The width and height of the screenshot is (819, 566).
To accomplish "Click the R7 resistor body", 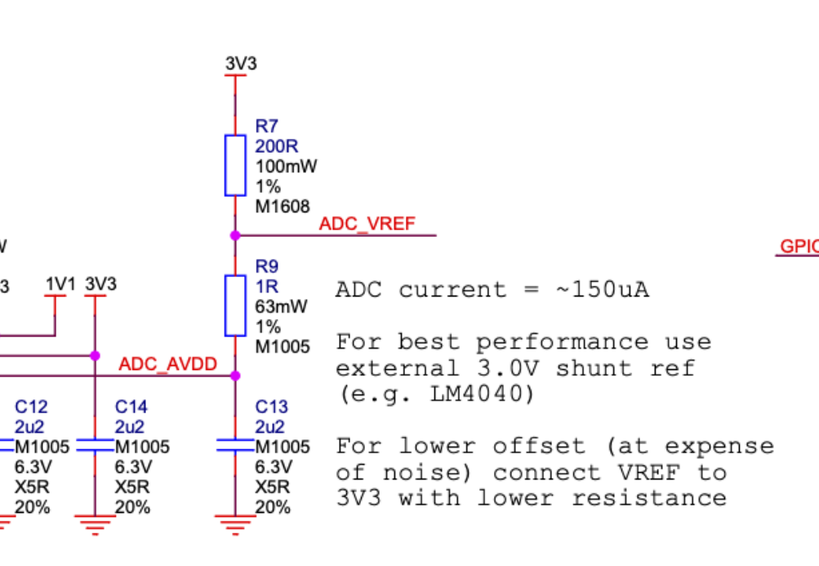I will point(235,166).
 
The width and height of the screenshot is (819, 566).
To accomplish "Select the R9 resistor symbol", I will point(235,305).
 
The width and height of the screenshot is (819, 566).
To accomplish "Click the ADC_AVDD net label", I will point(168,364).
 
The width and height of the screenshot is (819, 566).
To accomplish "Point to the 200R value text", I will point(277,146).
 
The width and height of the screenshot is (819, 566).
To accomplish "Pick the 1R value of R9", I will point(267,287).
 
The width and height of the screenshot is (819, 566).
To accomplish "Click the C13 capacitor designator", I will point(271,407).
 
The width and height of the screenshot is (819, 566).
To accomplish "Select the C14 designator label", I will point(131,407).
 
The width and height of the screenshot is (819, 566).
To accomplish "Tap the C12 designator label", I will point(31,407).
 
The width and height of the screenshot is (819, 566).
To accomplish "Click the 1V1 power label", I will point(60,284).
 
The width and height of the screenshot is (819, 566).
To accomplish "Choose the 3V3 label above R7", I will point(241,63).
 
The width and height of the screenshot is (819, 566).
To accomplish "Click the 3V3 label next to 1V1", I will point(100,284).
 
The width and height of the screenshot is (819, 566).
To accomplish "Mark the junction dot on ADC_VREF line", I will point(235,235).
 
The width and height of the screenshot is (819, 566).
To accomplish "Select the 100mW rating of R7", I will point(286,166).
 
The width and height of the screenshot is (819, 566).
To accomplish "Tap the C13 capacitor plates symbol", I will point(235,446).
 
